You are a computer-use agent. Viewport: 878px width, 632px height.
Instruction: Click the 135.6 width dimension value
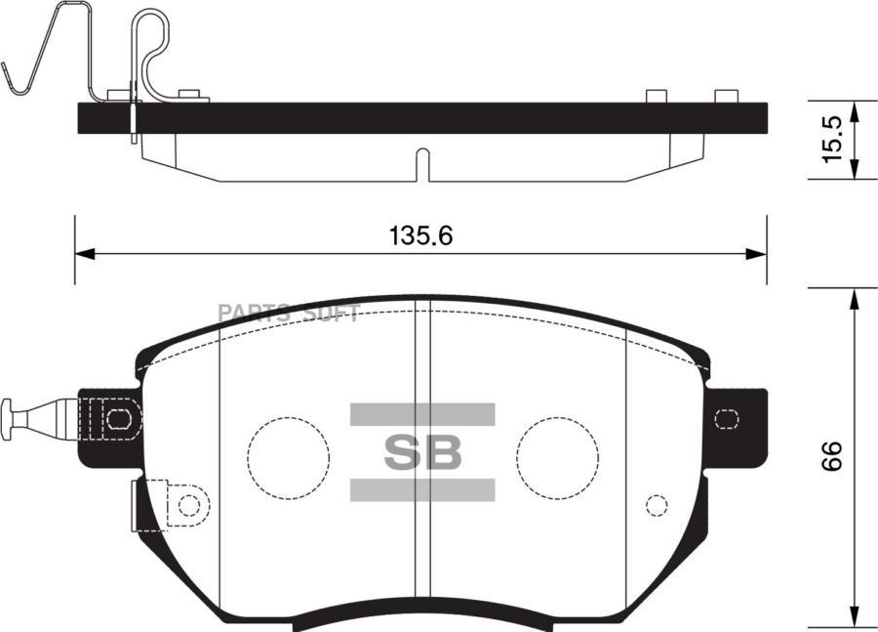click(422, 235)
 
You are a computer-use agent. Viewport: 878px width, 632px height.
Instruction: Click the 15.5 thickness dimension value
click(831, 140)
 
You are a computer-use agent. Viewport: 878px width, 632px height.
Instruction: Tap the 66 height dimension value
click(831, 455)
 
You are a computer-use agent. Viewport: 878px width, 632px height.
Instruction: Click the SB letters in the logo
click(421, 452)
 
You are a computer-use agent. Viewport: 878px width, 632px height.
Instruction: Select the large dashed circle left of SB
click(288, 456)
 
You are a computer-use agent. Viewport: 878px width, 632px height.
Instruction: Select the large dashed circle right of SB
click(557, 456)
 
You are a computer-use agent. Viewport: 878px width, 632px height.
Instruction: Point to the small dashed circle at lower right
click(657, 505)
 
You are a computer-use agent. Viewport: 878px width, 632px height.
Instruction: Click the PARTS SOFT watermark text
click(289, 314)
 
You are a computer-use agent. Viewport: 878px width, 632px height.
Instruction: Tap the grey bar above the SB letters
click(421, 414)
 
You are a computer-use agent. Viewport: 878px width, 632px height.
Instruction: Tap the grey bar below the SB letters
click(421, 489)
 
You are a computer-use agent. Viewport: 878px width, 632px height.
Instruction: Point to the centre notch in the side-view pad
click(421, 163)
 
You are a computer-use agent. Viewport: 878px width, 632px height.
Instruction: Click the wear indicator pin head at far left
click(8, 418)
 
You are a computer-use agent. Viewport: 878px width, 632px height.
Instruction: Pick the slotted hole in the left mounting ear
click(118, 419)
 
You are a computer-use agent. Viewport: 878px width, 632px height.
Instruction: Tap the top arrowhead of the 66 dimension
click(856, 297)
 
